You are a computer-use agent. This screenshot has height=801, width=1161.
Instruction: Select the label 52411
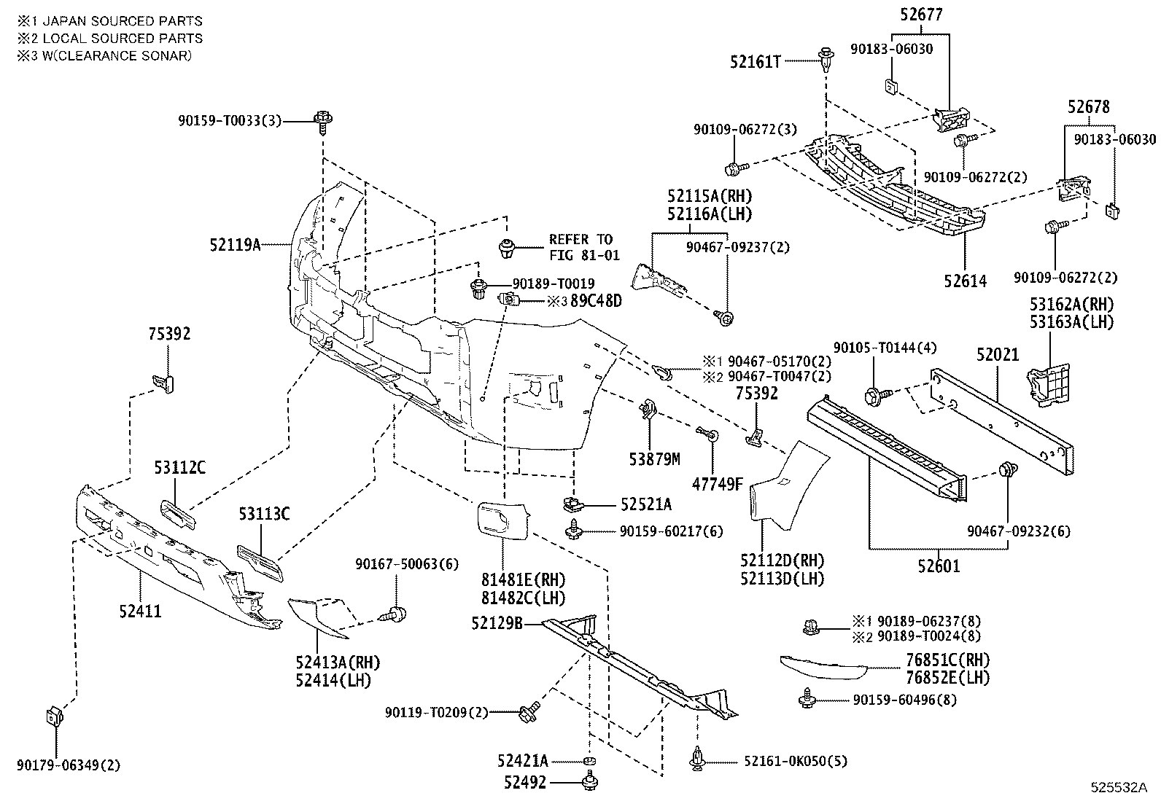click(x=140, y=610)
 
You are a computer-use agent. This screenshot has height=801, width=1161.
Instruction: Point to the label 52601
click(x=939, y=566)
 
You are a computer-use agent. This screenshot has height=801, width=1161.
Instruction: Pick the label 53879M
click(x=654, y=458)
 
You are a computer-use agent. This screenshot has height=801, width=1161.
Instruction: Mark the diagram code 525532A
click(x=1119, y=788)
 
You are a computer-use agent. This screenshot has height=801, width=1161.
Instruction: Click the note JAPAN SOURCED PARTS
click(x=109, y=21)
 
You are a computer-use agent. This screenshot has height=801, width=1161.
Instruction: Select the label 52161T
click(x=756, y=63)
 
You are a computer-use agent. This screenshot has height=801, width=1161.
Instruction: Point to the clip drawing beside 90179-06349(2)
click(x=53, y=716)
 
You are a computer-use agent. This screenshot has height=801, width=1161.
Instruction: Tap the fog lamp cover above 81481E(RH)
click(x=503, y=522)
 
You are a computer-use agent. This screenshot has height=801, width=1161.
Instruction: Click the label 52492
click(x=527, y=783)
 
